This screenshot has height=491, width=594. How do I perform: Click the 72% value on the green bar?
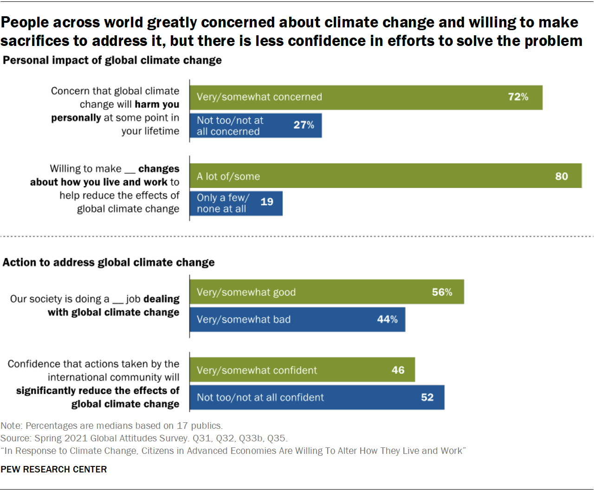click(518, 97)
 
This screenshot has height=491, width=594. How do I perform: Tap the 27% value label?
click(303, 125)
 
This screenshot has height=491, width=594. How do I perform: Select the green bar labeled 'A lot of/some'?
click(385, 176)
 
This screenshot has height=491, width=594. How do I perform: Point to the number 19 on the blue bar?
click(267, 202)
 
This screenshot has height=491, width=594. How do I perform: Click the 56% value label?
click(442, 292)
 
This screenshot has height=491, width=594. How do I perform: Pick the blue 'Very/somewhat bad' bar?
click(297, 319)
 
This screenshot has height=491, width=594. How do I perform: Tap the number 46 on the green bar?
click(398, 370)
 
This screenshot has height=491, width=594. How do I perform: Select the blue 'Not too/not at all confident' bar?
click(316, 397)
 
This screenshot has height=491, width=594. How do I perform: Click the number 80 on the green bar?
click(562, 176)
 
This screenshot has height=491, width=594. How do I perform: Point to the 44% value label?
click(387, 319)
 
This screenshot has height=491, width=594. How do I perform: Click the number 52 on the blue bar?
click(427, 397)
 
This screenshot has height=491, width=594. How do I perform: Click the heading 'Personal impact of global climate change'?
click(112, 60)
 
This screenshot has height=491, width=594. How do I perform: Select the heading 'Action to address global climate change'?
click(109, 263)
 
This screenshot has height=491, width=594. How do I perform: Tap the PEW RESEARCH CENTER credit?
click(54, 469)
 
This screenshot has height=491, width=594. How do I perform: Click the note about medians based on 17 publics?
click(111, 426)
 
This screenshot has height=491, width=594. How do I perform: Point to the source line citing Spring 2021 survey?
click(144, 438)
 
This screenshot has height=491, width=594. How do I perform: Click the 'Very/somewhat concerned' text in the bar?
click(259, 97)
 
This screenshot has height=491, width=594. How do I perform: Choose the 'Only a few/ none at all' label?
click(223, 203)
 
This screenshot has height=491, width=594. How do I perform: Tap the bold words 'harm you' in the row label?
click(157, 104)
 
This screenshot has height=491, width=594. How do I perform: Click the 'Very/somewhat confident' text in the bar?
click(257, 370)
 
